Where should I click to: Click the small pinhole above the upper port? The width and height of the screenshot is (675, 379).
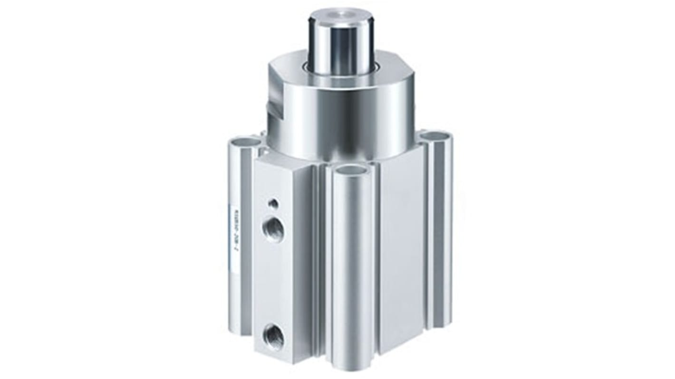274,204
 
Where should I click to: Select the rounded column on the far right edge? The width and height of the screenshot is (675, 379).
442,237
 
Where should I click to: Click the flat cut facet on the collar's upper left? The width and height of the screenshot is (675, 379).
285,76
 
